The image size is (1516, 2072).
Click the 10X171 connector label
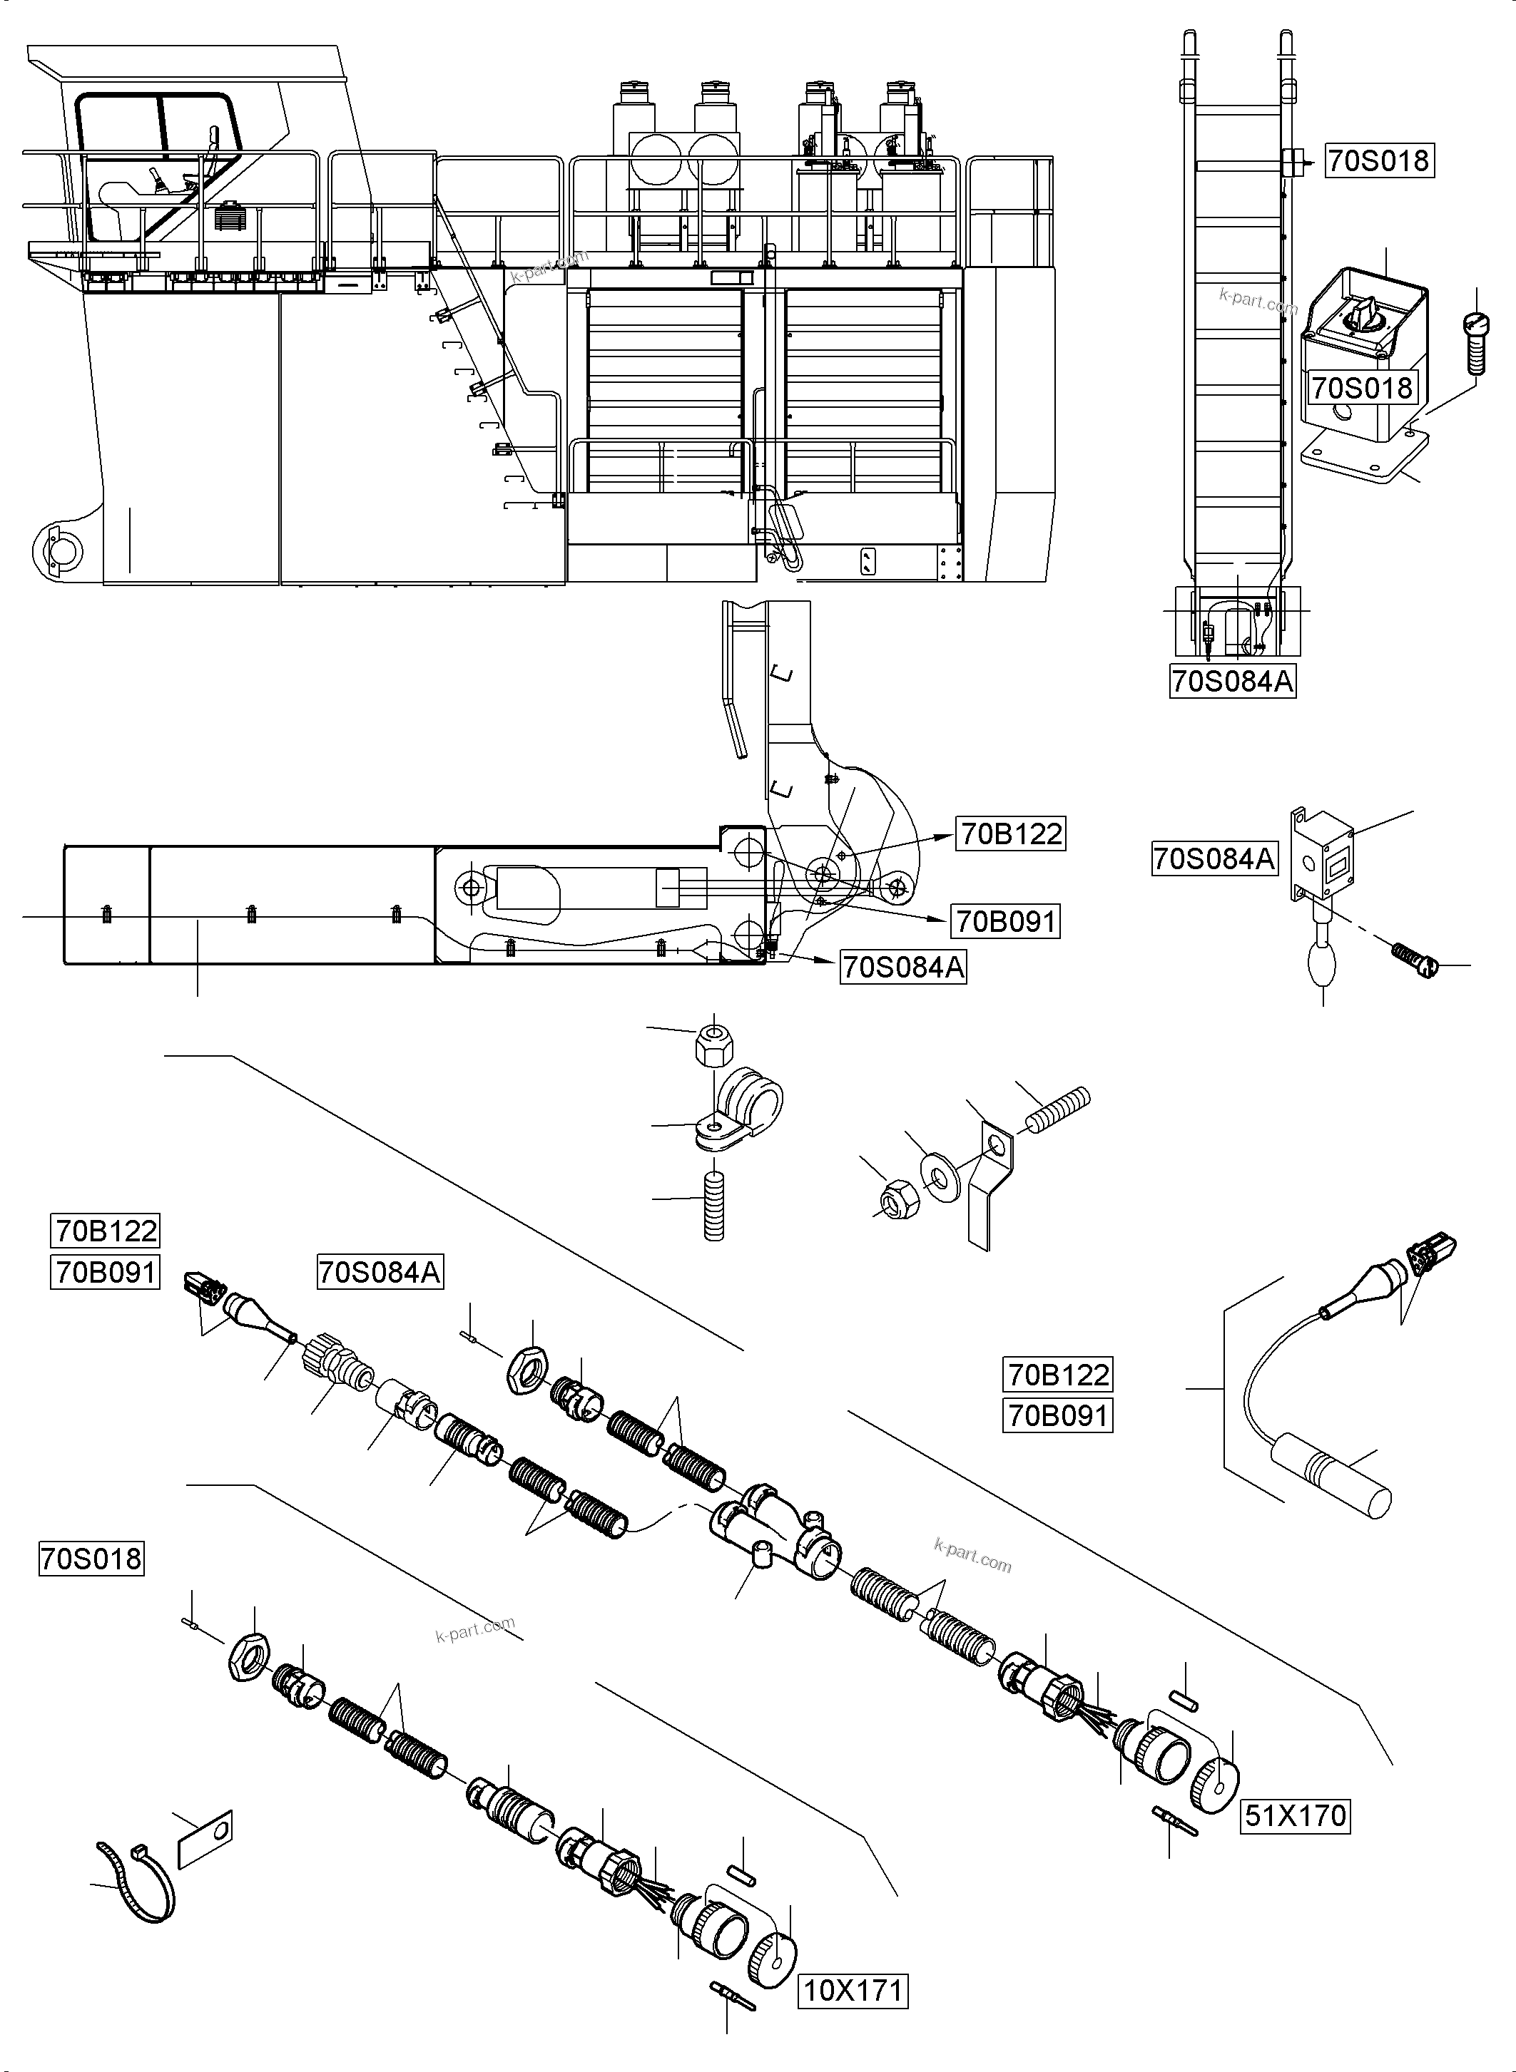pos(853,1991)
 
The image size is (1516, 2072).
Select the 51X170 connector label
pos(1295,1815)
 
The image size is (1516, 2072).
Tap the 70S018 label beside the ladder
pos(1378,160)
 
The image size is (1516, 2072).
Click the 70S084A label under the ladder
pos(1233,682)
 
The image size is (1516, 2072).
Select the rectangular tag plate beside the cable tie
pos(205,1838)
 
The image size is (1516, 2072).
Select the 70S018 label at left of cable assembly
pos(91,1559)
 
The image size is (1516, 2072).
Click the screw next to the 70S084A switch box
pos(1415,960)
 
